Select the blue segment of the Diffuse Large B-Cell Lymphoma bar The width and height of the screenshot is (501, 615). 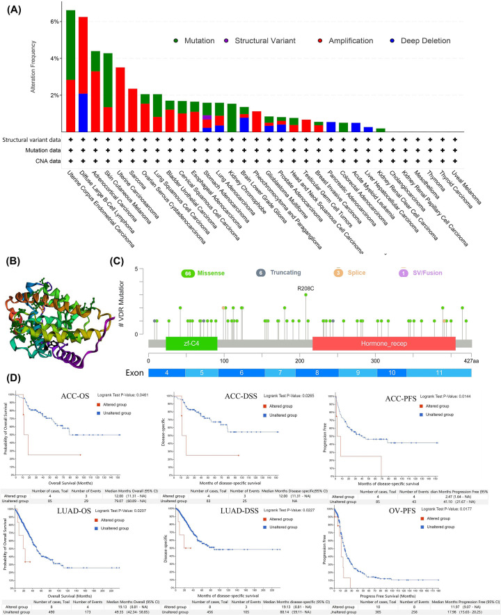click(x=83, y=112)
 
